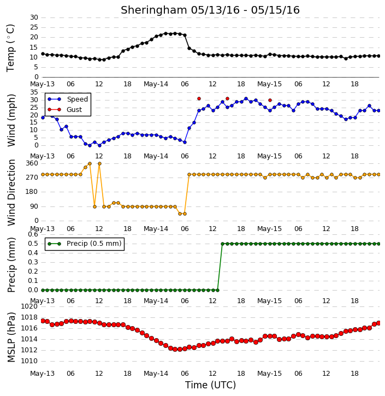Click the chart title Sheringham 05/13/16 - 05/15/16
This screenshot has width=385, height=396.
point(210,10)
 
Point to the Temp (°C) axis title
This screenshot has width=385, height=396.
point(10,48)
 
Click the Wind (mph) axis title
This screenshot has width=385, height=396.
point(11,120)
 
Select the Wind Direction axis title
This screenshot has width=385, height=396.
point(11,192)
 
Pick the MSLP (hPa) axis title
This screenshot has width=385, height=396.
point(11,337)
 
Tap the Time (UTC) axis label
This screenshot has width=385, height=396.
point(210,385)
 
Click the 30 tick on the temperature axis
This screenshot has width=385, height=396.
point(34,17)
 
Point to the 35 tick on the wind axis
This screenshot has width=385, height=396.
point(34,92)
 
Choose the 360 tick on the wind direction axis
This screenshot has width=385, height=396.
point(32,163)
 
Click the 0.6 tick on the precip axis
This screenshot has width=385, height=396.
point(33,234)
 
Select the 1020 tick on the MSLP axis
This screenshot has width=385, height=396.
point(29,306)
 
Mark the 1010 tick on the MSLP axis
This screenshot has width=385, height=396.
point(29,361)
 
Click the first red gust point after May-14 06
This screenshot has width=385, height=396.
point(199,99)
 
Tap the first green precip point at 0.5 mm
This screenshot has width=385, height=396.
point(222,244)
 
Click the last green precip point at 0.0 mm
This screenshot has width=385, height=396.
point(217,290)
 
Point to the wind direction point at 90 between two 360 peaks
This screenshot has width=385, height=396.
point(94,206)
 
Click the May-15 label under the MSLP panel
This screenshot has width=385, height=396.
point(269,374)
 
